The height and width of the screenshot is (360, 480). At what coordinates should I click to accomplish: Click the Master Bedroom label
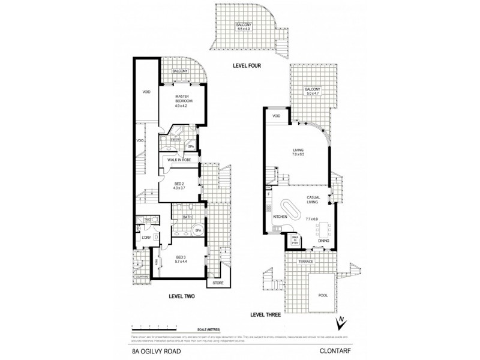click(x=182, y=100)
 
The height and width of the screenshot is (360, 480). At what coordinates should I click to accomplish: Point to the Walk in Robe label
click(x=179, y=160)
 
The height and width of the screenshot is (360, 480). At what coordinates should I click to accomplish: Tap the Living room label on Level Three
click(x=298, y=151)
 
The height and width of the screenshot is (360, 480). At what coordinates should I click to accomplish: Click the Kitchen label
click(x=280, y=216)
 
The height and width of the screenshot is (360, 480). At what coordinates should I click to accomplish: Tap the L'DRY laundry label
click(x=145, y=238)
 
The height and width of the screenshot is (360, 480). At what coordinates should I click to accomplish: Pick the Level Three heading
click(x=266, y=314)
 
